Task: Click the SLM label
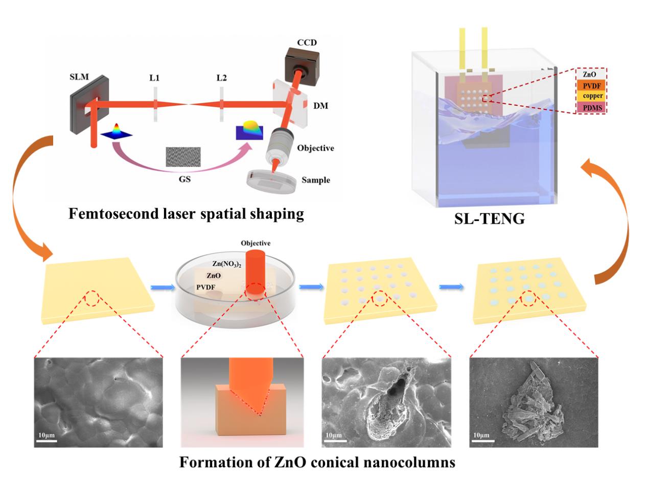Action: [x=79, y=77]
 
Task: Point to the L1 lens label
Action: [x=154, y=78]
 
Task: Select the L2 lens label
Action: [x=221, y=78]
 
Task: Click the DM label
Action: [x=320, y=105]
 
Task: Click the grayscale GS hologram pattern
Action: [x=183, y=157]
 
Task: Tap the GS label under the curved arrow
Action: [x=184, y=179]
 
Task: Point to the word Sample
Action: [x=316, y=180]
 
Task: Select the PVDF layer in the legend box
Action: [x=592, y=86]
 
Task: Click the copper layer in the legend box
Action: [x=592, y=96]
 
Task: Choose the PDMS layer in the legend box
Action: [x=592, y=107]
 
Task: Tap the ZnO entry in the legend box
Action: [x=589, y=74]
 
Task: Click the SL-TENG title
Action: [x=490, y=219]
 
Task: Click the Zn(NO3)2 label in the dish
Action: [x=227, y=264]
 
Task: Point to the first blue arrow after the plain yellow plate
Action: [x=163, y=288]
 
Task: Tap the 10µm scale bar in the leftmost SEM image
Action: [x=47, y=441]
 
